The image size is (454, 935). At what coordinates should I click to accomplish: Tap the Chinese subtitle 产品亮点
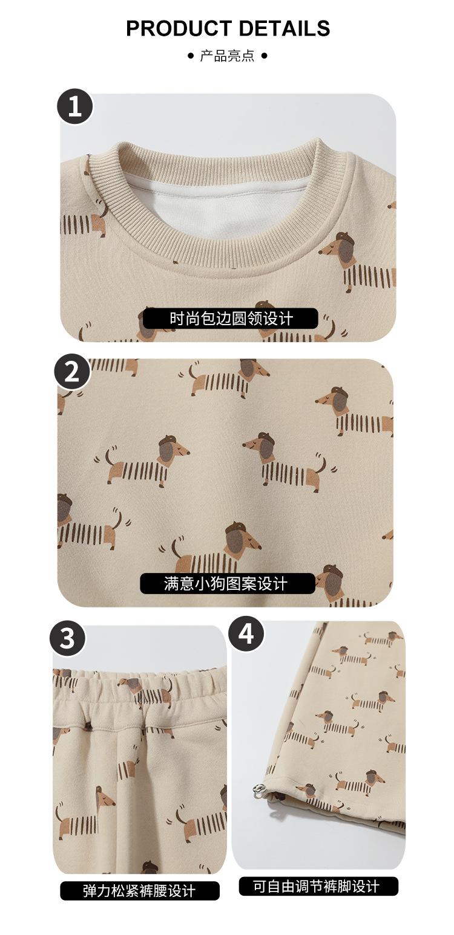pos(227,56)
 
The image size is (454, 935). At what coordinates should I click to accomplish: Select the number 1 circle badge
pos(75,106)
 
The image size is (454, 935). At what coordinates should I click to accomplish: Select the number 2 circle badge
pos(72,372)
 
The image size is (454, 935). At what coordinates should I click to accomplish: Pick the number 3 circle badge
pos(68,638)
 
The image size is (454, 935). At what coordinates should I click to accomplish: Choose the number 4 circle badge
pos(246,634)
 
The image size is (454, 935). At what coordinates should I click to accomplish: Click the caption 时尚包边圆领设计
pos(231,319)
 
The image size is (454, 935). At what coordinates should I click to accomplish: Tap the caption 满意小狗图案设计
pos(226,583)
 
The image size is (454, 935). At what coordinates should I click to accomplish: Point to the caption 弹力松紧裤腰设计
pos(139,891)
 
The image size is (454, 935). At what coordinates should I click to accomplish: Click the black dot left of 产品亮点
pos(191,56)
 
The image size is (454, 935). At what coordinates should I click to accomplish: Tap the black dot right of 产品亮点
pos(264,56)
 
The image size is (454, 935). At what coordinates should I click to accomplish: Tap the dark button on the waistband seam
pos(88,726)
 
